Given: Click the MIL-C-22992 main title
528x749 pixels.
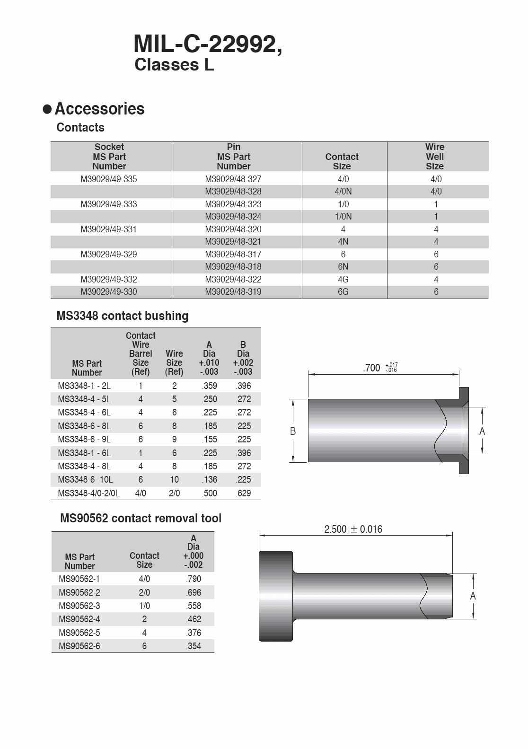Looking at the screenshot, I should (x=208, y=45).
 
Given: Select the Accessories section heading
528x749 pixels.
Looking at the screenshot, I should (x=99, y=109).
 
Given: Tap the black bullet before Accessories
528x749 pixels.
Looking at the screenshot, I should (x=47, y=109).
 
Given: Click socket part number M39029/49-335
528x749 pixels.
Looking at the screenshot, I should (x=109, y=179).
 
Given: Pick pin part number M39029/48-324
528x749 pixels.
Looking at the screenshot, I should (x=233, y=216).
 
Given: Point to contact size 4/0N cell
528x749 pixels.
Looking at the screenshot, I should (x=343, y=192).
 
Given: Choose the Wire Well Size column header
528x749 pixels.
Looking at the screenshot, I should (x=434, y=157).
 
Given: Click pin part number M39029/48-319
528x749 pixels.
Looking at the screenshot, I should (x=233, y=291).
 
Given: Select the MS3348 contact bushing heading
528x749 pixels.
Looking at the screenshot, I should (x=122, y=316).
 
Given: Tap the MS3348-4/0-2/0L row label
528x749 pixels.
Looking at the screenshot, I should (x=88, y=493).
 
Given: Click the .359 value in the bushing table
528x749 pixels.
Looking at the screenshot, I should (x=209, y=386).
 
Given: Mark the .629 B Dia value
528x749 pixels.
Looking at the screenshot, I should (x=243, y=493).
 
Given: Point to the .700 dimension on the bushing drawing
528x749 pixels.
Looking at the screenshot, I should (x=372, y=368).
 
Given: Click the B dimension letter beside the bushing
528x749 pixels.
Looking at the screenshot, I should (x=293, y=431).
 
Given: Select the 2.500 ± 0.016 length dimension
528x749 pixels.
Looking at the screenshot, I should (x=353, y=529).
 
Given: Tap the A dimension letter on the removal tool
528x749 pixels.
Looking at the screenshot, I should (x=473, y=596).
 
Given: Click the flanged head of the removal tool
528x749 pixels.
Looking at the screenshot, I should (x=276, y=596).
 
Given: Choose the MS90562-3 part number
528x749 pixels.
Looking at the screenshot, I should (x=79, y=606).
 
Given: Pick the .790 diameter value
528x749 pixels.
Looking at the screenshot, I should (x=194, y=579).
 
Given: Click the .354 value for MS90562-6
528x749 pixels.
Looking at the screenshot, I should (x=194, y=646).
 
